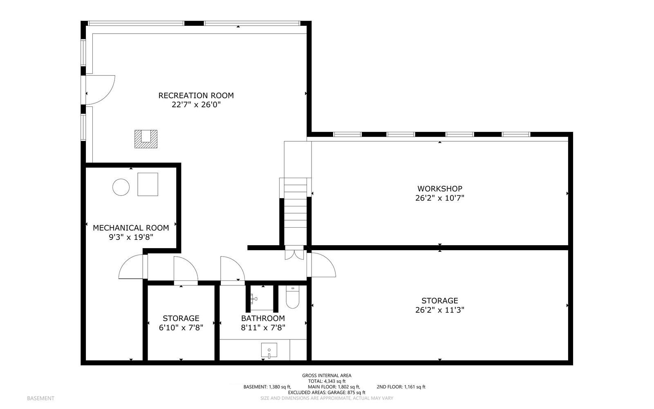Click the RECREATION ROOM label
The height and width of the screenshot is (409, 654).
click(196, 95)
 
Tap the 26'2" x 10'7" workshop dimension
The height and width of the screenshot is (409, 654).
click(439, 198)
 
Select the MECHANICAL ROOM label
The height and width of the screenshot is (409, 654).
click(131, 228)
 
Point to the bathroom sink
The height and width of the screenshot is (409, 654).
click(269, 350)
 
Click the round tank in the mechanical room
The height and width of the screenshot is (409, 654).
click(121, 187)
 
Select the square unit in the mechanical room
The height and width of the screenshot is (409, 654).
click(148, 184)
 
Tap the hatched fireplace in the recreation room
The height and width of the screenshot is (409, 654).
click(146, 138)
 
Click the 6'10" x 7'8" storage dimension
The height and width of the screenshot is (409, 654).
click(181, 328)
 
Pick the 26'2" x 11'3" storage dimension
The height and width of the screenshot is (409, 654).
click(439, 310)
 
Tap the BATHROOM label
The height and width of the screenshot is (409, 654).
click(263, 318)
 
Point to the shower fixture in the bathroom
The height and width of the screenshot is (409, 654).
click(255, 299)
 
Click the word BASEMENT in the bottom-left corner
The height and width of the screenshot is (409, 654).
click(40, 398)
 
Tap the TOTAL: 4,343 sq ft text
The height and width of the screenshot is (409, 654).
click(327, 381)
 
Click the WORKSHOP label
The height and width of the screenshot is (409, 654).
click(439, 189)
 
